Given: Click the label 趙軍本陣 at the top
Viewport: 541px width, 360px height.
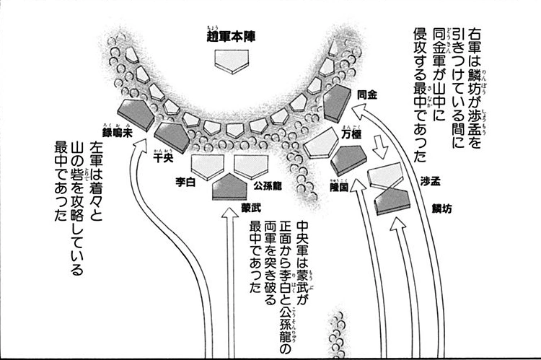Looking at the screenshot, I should coord(232,35).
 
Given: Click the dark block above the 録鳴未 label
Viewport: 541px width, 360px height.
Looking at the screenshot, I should coord(128,110).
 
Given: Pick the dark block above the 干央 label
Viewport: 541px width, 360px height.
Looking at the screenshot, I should coord(172,133).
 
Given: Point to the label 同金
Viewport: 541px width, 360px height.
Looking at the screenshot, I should coord(367,94).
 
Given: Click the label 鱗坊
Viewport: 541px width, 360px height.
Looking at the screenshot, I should coord(442,208).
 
